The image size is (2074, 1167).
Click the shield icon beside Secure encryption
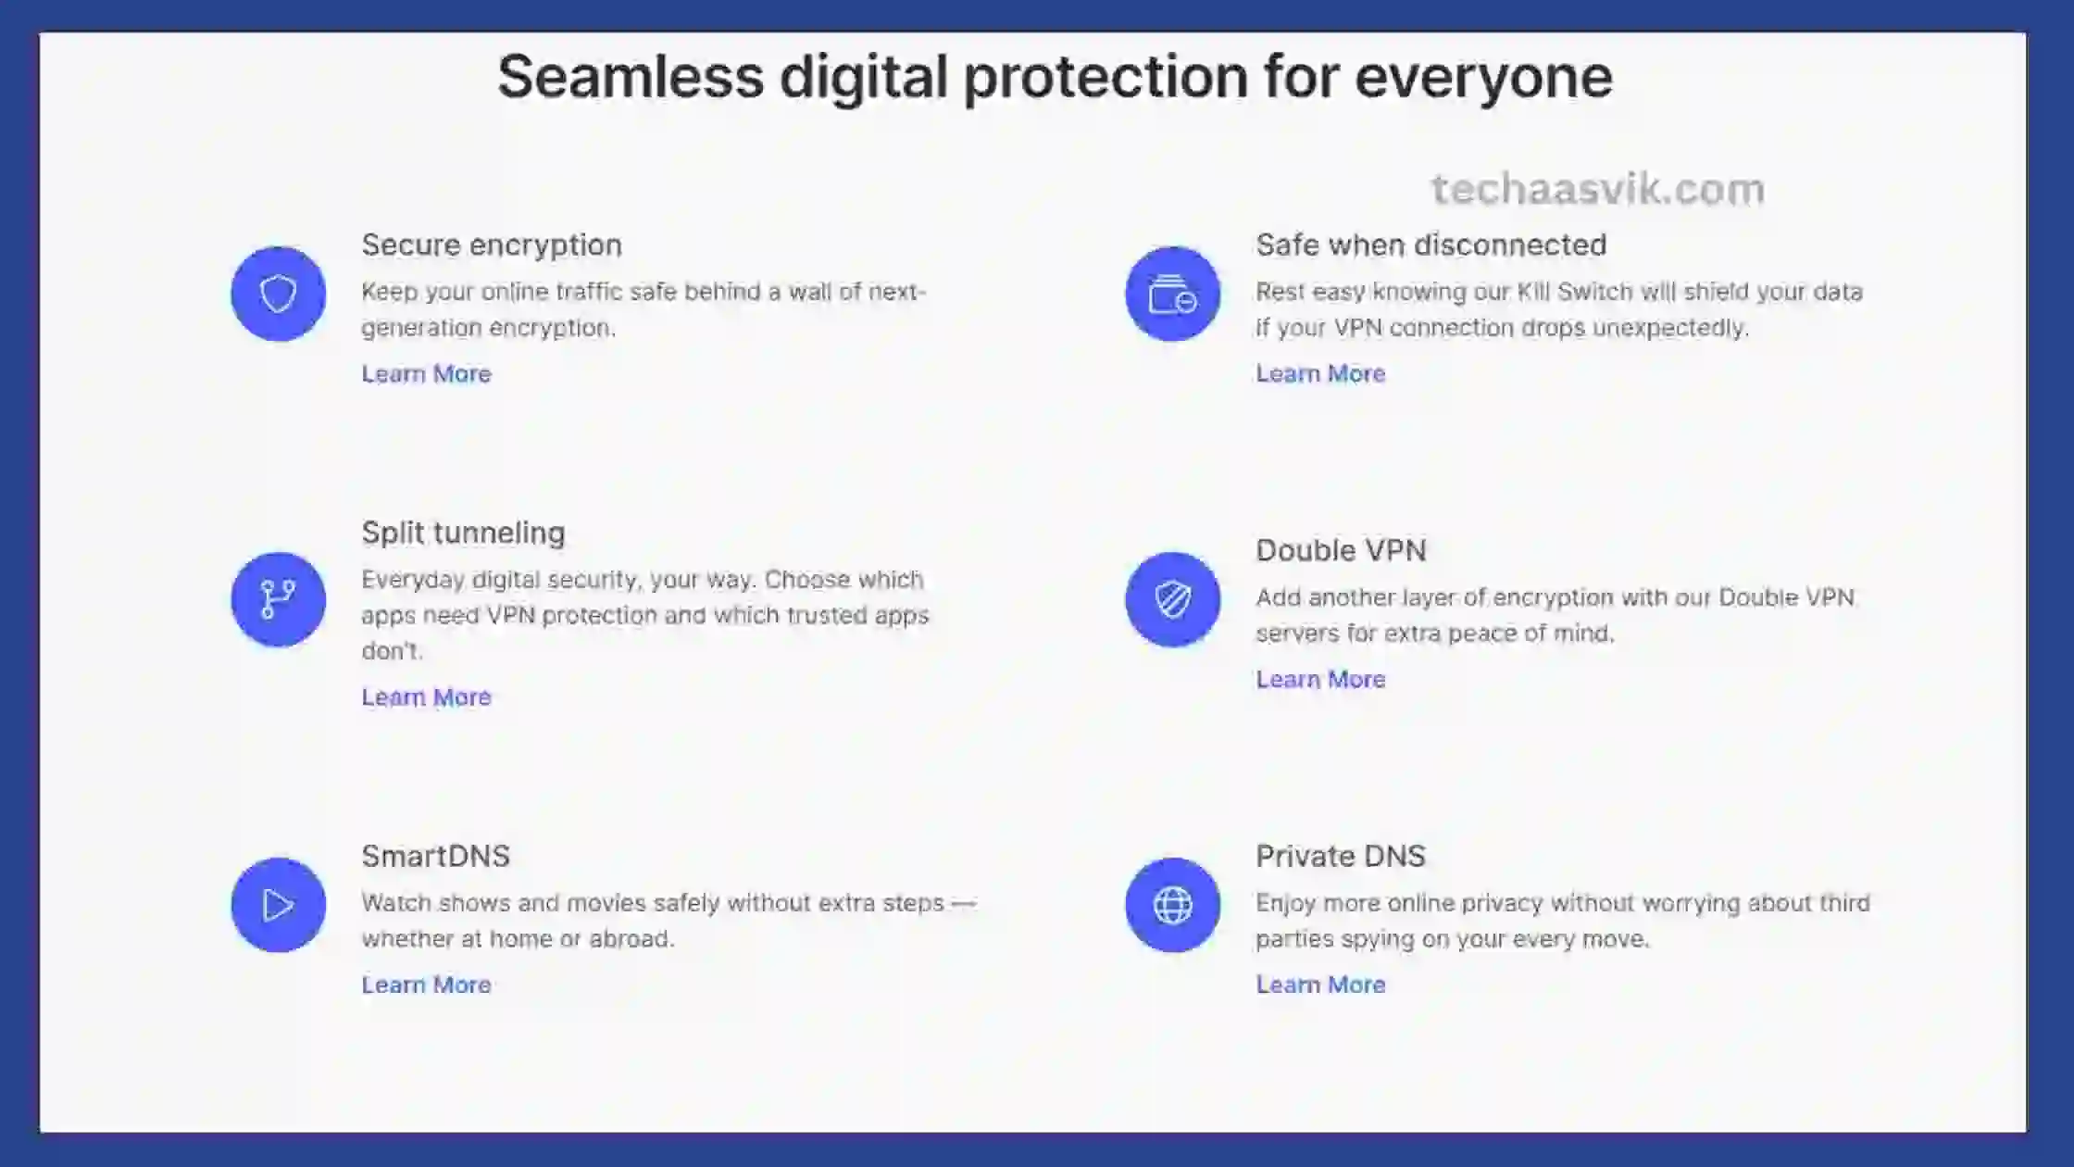tap(278, 294)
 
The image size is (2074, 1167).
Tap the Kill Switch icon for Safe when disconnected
tap(1172, 294)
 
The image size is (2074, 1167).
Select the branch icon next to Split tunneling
tap(278, 599)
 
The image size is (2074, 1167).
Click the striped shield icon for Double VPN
tap(1172, 599)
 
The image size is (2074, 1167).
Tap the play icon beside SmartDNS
tap(278, 905)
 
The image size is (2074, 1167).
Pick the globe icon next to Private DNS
tap(1172, 905)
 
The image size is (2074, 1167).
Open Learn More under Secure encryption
tap(426, 373)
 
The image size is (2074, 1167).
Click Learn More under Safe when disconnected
tap(1320, 373)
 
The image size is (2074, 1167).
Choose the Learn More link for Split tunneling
tap(426, 696)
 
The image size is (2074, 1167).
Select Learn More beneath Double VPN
tap(1320, 679)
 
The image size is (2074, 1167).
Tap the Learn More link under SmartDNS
tap(426, 985)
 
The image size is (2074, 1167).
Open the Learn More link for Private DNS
tap(1320, 985)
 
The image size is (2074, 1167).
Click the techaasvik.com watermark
tap(1598, 189)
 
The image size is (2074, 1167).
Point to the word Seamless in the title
tap(631, 76)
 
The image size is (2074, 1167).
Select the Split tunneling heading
tap(463, 533)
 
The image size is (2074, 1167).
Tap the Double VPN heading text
tap(1341, 550)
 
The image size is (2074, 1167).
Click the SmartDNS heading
tap(435, 856)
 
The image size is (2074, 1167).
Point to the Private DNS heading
tap(1341, 856)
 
